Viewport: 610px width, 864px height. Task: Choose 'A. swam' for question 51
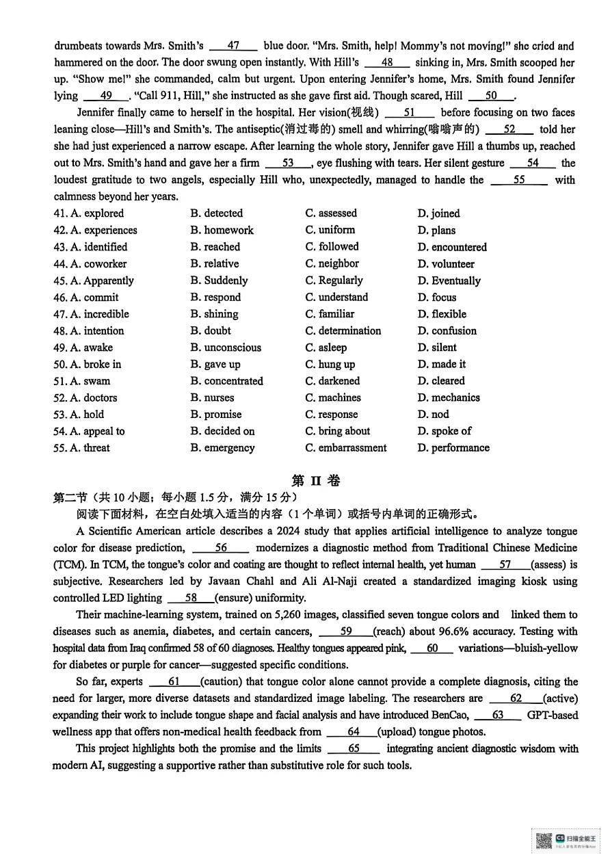coord(81,381)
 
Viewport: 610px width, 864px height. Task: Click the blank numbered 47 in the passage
coord(233,47)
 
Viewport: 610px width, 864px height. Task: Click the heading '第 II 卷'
coord(315,481)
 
